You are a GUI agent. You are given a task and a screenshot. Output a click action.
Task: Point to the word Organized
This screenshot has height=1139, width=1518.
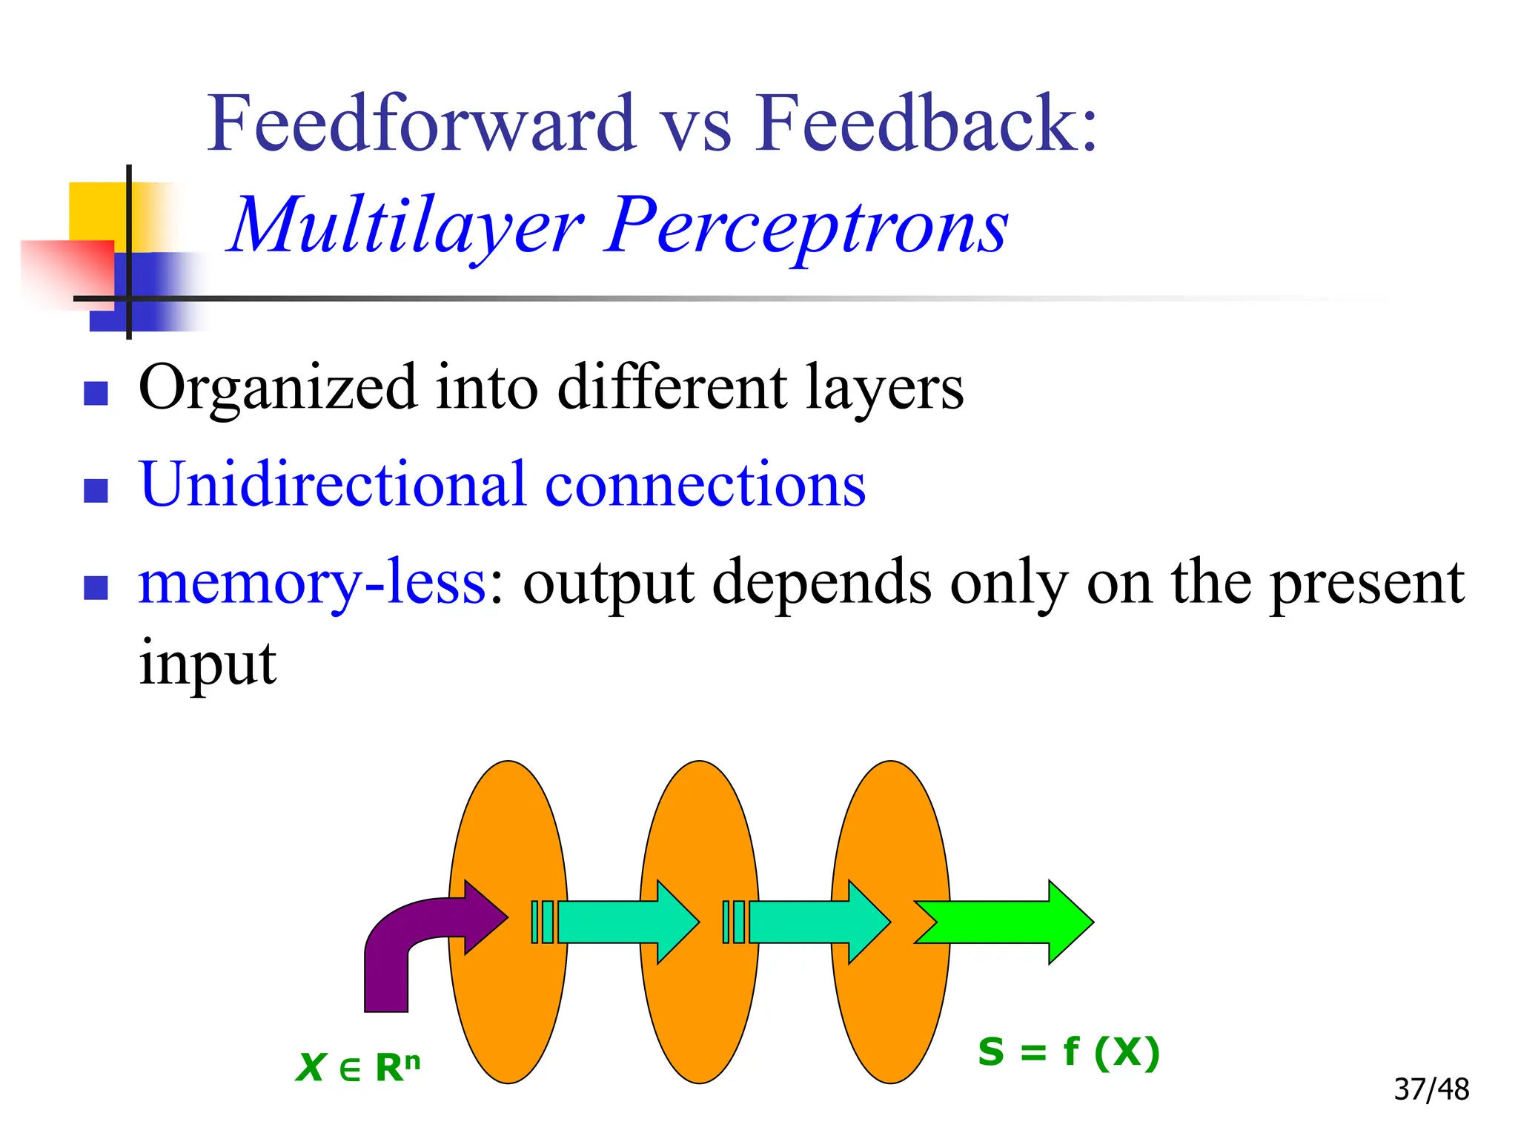click(278, 389)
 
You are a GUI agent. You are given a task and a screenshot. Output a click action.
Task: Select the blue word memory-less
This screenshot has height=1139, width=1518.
click(312, 582)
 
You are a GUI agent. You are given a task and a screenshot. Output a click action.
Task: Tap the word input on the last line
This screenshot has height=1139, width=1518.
click(208, 664)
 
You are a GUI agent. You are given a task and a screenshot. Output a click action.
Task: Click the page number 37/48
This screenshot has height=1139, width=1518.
click(1431, 1089)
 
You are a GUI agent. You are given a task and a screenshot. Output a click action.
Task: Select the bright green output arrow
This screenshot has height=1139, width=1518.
click(1008, 922)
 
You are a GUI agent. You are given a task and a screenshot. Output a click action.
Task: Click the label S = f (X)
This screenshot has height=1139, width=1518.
click(1068, 1052)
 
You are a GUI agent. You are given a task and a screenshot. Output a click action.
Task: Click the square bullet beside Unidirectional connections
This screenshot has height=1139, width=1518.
click(96, 490)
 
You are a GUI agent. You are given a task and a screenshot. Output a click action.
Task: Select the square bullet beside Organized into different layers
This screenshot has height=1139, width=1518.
click(96, 393)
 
